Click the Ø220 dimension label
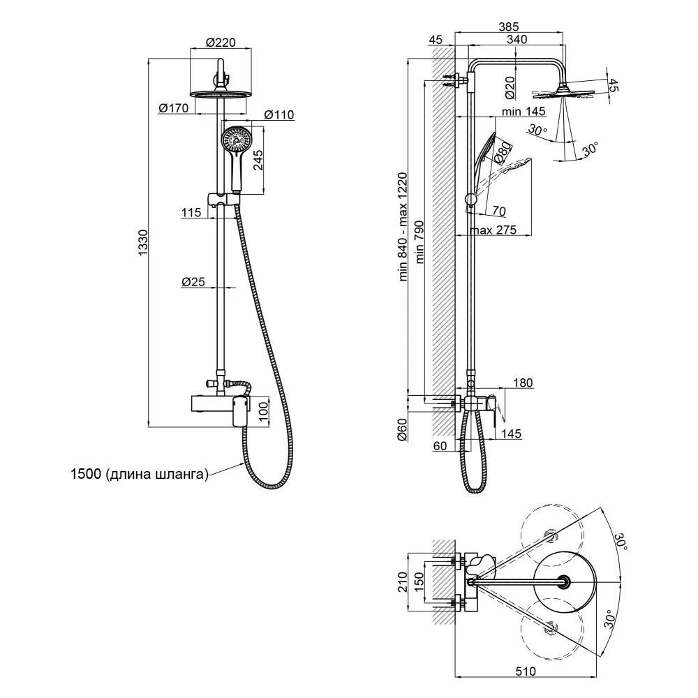tap(221, 43)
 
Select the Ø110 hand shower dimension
tap(279, 115)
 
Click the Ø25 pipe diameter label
tap(193, 281)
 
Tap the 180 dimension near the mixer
tap(522, 383)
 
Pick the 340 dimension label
tap(517, 40)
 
